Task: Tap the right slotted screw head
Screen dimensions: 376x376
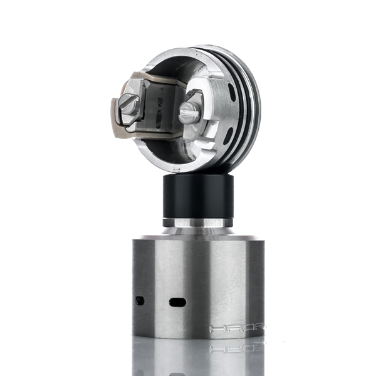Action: pyautogui.click(x=189, y=113)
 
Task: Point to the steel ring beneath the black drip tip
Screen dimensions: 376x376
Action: pyautogui.click(x=198, y=222)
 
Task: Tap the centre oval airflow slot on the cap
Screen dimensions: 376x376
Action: pyautogui.click(x=177, y=302)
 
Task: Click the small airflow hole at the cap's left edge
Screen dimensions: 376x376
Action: pyautogui.click(x=139, y=301)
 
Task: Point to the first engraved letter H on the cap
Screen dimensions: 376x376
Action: pyautogui.click(x=216, y=328)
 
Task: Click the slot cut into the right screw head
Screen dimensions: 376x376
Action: pyautogui.click(x=189, y=113)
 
